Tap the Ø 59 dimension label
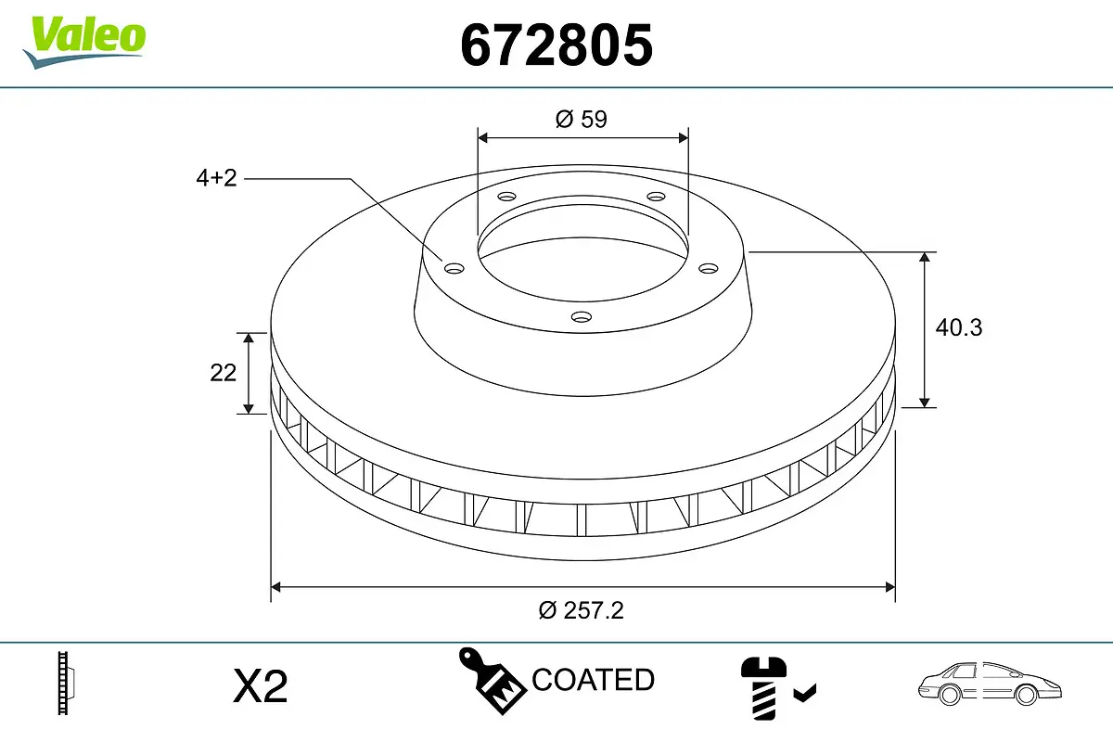(582, 119)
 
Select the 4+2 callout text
(217, 178)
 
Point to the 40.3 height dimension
(958, 327)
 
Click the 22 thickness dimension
(224, 372)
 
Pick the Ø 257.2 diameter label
(582, 609)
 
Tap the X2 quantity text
(261, 686)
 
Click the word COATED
(593, 680)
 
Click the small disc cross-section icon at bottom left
(65, 684)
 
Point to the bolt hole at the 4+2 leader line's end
(454, 268)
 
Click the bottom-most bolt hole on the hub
(582, 317)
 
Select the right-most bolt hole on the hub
(709, 268)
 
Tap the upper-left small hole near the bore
(506, 197)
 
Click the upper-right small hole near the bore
(657, 197)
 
